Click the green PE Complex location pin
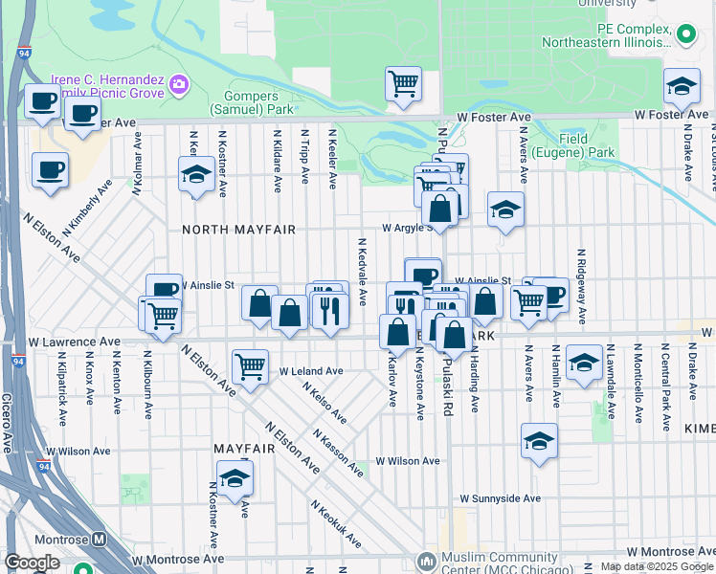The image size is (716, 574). click(685, 35)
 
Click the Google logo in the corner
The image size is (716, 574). click(32, 563)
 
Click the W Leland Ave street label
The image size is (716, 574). click(311, 371)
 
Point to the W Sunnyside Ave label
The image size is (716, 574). click(500, 498)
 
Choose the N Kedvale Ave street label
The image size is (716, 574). click(363, 273)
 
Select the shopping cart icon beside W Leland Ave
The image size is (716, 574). click(250, 364)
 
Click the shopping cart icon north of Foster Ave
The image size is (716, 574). click(403, 83)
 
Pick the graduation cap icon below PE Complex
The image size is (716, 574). click(681, 88)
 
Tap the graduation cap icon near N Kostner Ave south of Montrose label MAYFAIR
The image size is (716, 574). click(234, 478)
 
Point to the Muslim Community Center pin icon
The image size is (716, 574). click(425, 560)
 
